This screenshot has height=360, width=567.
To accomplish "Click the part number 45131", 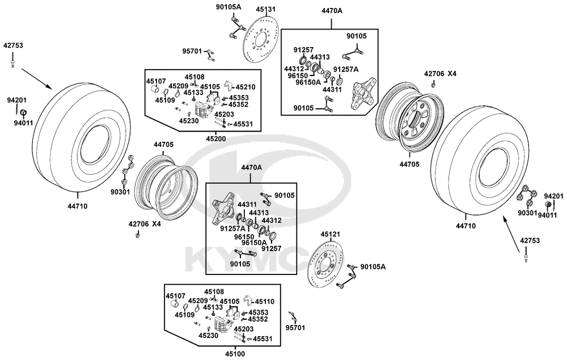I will pos(266,9).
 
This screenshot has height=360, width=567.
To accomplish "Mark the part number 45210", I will pos(246,87).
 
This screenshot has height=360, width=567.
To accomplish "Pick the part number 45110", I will pos(265,302).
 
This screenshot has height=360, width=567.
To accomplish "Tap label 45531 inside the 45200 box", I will pos(243,124).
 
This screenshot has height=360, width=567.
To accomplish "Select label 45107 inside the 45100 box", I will pos(175,295).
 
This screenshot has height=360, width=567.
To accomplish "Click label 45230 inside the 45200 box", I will pos(188,120).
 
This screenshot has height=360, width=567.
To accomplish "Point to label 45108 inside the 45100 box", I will pos(214,292).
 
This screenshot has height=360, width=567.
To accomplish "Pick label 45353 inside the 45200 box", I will pos(239,98).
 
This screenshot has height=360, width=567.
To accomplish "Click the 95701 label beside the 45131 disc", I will pos(193,51).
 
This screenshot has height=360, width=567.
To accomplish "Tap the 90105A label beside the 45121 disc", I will pos(373,266).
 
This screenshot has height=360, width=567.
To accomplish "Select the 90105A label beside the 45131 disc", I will pos(229,7).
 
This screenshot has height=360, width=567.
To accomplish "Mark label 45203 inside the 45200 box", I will pos(225,115).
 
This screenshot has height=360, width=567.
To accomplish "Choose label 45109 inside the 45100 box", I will pos(184,315).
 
